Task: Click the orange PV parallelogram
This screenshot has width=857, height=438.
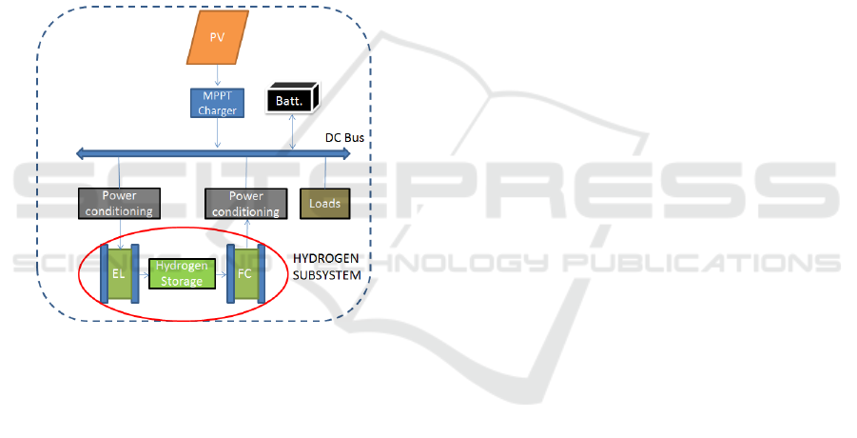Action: tap(219, 39)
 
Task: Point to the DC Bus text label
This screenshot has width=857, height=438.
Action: tap(345, 138)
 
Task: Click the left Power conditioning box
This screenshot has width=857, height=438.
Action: tap(119, 203)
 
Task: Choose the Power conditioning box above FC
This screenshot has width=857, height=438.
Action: tap(246, 203)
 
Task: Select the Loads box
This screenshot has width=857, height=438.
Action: tap(324, 203)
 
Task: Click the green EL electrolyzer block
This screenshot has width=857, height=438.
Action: tap(119, 271)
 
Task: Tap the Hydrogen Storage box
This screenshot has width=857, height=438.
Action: tap(182, 274)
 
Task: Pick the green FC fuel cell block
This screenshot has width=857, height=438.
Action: tap(246, 271)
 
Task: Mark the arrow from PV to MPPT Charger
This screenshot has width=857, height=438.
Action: tap(219, 73)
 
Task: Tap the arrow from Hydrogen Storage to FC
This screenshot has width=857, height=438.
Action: tap(221, 274)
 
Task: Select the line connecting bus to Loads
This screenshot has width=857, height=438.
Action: tap(324, 171)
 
